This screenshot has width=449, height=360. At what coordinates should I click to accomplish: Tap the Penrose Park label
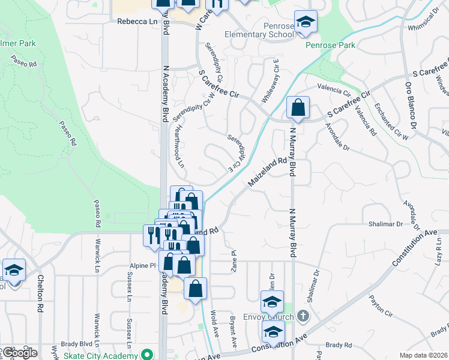pyautogui.click(x=330, y=45)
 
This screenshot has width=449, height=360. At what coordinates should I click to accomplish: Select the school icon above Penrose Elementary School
pyautogui.click(x=306, y=23)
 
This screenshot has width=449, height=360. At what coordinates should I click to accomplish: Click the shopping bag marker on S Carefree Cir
pyautogui.click(x=298, y=109)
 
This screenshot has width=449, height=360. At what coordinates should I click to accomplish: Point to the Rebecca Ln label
pyautogui.click(x=133, y=21)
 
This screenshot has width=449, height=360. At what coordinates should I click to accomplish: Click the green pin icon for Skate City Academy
pyautogui.click(x=143, y=354)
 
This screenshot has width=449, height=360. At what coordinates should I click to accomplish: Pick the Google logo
pyautogui.click(x=19, y=353)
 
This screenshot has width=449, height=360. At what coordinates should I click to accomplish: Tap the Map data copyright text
pyautogui.click(x=424, y=355)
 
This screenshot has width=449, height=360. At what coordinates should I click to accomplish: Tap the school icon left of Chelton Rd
pyautogui.click(x=14, y=271)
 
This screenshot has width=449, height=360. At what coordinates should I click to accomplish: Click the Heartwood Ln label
pyautogui.click(x=179, y=146)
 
